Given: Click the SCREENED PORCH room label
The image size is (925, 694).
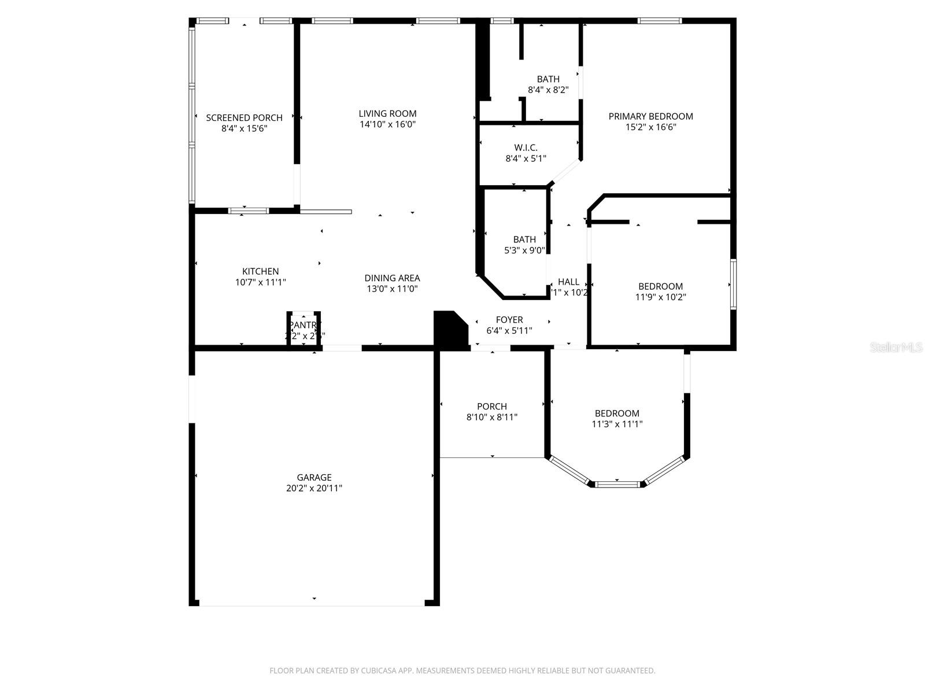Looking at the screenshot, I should (244, 117).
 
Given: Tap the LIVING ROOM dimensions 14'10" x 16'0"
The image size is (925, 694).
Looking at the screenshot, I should (387, 124).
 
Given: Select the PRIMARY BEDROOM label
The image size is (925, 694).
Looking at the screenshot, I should (650, 116).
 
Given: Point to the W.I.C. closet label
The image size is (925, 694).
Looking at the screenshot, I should (526, 147).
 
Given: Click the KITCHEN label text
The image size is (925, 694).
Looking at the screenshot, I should (260, 271).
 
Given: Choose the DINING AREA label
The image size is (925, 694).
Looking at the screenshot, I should (392, 278).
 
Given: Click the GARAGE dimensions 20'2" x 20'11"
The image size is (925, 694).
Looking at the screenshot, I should (314, 488).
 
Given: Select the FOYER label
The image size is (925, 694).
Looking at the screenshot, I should (509, 320).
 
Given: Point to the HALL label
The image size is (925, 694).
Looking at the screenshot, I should (568, 282).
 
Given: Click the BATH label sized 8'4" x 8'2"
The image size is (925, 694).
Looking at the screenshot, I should (548, 79).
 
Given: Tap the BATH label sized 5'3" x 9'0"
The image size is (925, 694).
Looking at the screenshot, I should (524, 239).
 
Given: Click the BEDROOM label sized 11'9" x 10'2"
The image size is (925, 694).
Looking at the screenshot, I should (660, 286).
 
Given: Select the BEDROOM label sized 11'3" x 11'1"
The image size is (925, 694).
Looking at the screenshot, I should (617, 414).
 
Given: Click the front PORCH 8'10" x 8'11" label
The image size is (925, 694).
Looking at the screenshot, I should (491, 407).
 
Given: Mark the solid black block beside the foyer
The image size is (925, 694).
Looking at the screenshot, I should (449, 331).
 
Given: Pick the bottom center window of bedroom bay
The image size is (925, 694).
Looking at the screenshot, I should (617, 484).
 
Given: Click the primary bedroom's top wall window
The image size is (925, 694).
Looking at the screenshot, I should (660, 21).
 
